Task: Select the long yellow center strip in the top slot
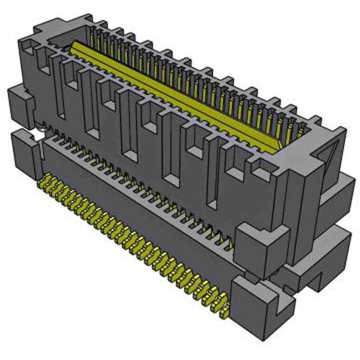180,94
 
